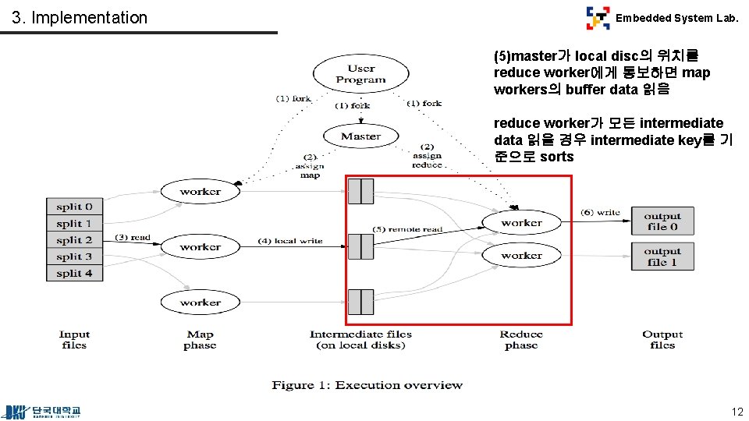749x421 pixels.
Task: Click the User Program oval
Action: tap(360, 74)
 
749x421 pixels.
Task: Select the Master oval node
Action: tap(360, 136)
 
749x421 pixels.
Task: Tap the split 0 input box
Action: tap(74, 207)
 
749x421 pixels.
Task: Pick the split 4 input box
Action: tap(74, 273)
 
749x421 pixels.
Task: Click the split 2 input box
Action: tap(74, 240)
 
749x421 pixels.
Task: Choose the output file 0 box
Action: tap(662, 221)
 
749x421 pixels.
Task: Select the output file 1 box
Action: tap(662, 256)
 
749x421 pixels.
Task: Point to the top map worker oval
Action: tap(200, 192)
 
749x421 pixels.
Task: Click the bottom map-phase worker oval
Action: tap(200, 302)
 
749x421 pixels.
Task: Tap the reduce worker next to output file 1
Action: tap(521, 255)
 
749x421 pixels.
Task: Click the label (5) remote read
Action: tap(406, 229)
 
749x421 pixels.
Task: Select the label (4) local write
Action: tap(289, 241)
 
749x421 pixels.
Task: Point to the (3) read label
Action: tap(133, 237)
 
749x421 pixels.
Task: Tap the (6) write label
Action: tap(600, 212)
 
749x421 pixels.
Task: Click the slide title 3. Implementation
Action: tap(80, 17)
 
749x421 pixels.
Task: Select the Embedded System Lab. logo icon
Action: tap(598, 17)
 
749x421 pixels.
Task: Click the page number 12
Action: tap(737, 412)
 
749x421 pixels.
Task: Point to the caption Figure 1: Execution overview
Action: tap(367, 385)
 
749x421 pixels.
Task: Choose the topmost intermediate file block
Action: tap(360, 191)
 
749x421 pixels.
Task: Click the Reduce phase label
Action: tap(521, 339)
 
